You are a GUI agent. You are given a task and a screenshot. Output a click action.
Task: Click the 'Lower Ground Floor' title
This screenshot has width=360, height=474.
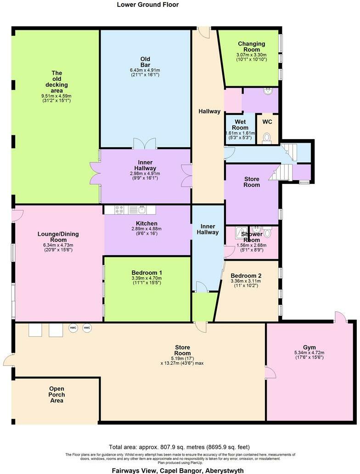(x=148, y=5)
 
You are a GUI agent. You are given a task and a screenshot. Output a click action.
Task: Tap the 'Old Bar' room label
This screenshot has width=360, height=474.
(x=145, y=62)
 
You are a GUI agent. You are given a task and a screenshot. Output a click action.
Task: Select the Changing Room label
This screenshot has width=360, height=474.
(x=248, y=47)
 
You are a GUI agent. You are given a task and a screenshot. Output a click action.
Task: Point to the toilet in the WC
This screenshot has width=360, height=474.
(x=266, y=137)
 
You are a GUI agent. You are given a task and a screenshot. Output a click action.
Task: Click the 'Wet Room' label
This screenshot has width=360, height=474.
(x=240, y=124)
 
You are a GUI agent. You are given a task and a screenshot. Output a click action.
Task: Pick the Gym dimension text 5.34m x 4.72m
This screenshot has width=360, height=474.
(x=309, y=352)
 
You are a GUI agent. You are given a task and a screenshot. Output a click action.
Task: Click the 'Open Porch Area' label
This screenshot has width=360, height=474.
(x=57, y=395)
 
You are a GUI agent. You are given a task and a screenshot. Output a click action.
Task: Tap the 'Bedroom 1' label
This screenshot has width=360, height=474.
(x=146, y=273)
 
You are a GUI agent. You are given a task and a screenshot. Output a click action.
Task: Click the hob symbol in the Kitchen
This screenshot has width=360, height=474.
(x=119, y=210)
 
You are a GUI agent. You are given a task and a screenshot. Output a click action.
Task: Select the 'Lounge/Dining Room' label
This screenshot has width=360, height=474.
(x=58, y=237)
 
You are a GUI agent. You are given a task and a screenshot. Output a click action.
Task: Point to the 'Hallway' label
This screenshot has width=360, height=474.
(x=209, y=112)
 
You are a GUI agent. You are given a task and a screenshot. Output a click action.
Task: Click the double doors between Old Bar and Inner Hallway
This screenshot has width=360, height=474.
(x=145, y=143)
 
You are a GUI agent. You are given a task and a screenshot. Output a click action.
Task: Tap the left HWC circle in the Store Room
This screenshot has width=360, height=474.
(x=73, y=328)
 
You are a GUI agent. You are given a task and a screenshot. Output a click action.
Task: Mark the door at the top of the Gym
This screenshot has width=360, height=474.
(x=340, y=317)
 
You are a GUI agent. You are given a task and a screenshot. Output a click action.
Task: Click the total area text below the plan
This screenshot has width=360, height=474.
(x=180, y=447)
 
